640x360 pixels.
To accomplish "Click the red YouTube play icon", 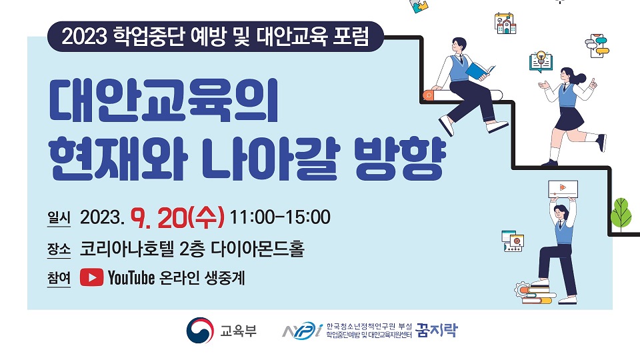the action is pos(91,277).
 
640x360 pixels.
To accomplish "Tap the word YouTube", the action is pos(131,277).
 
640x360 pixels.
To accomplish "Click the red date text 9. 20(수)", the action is pos(177,217).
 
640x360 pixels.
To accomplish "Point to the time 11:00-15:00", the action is pos(281,217).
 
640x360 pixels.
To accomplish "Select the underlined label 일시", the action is pos(59,217).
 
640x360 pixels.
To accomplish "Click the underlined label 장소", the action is pos(59,249).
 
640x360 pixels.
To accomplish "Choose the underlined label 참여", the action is pos(59,278).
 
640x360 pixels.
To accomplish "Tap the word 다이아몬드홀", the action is pos(257,248).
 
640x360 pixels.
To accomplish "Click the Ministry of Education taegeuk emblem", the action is pos(200,330).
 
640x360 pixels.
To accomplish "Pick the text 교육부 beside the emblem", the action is pos(239,330).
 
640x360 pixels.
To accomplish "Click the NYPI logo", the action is pos(303,330).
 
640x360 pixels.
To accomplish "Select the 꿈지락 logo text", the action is pos(437,330).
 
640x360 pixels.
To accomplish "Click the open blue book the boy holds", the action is pos(479,71).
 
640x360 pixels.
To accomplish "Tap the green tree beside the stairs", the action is pos(621,214).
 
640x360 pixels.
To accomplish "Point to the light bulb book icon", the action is pos(541,61).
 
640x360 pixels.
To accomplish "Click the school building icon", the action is pos(505,23).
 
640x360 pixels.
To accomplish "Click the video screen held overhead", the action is pos(563,189).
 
